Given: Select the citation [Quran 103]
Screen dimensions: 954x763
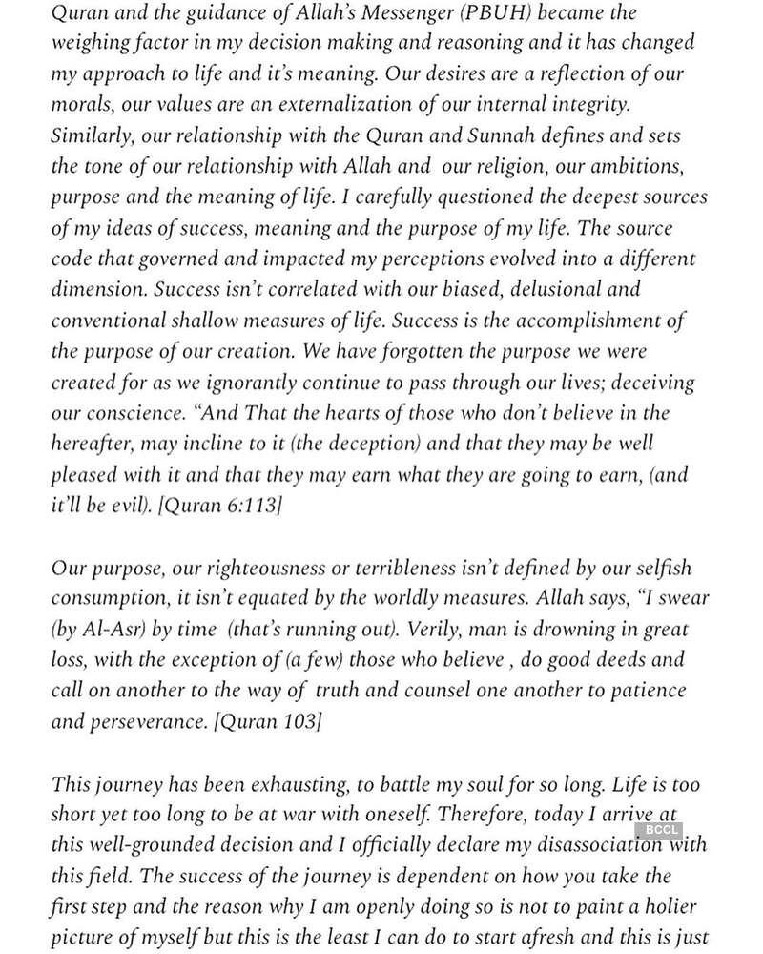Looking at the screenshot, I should click(269, 721).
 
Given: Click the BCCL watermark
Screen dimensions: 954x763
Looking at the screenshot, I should click(661, 829).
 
